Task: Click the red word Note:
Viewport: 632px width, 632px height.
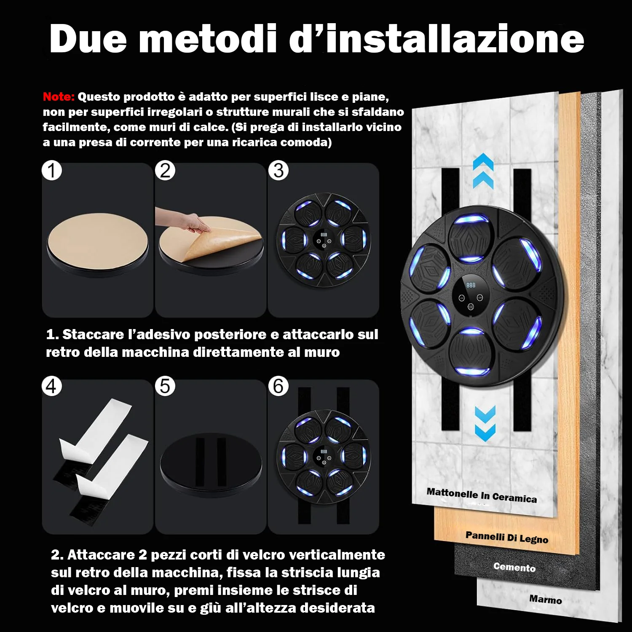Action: point(59,96)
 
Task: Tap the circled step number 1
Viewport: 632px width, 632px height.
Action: point(52,171)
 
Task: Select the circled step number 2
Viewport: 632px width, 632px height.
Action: point(165,171)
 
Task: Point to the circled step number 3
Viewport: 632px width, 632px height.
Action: point(279,171)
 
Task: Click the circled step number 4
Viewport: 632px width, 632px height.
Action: point(52,386)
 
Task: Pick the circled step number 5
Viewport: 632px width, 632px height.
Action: point(165,386)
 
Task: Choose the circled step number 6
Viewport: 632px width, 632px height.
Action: point(279,386)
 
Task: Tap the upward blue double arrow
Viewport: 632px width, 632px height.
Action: point(483,171)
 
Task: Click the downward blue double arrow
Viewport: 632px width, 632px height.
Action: point(485,423)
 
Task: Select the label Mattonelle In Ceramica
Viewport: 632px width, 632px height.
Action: point(482,495)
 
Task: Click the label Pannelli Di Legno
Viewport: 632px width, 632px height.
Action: point(507,537)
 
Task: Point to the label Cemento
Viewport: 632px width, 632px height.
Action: point(514,567)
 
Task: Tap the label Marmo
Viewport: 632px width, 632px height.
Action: point(545,599)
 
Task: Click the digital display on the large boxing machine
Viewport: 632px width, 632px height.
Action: point(471,286)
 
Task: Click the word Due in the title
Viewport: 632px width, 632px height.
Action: point(88,39)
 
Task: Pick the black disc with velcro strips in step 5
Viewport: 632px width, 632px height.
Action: point(211,463)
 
